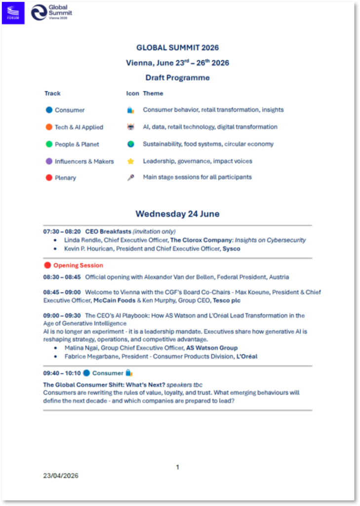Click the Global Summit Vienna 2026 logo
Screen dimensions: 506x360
pyautogui.click(x=52, y=13)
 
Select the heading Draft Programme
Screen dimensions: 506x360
pyautogui.click(x=177, y=78)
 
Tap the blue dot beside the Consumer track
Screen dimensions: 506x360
pyautogui.click(x=49, y=110)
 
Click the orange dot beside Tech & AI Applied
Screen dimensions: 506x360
pyautogui.click(x=49, y=127)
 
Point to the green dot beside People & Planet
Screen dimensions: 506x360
pyautogui.click(x=49, y=144)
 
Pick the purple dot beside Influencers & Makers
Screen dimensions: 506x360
pyautogui.click(x=49, y=161)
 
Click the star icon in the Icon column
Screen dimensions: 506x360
pyautogui.click(x=130, y=161)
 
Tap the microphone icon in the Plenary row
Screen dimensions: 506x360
pyautogui.click(x=130, y=177)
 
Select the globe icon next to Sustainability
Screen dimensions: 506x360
pyautogui.click(x=130, y=144)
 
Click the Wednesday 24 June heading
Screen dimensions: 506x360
pyautogui.click(x=177, y=214)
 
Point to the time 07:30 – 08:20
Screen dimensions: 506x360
pyautogui.click(x=62, y=231)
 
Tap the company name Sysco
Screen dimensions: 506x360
pyautogui.click(x=231, y=249)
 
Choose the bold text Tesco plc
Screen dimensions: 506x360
pyautogui.click(x=227, y=300)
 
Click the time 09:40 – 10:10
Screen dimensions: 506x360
pyautogui.click(x=62, y=373)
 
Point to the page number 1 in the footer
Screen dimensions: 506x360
pyautogui.click(x=178, y=467)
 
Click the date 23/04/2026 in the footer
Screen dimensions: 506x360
pyautogui.click(x=60, y=476)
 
